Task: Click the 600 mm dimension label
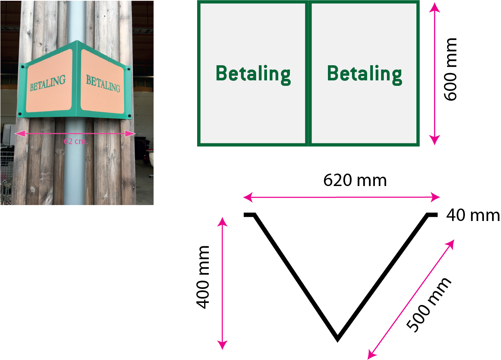pos(451,70)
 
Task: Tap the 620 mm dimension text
pos(355,181)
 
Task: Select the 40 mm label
pos(473,215)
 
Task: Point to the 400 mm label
pos(203,277)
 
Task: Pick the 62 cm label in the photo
pos(76,141)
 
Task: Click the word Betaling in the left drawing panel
pos(253,74)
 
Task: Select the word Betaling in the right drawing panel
pos(364,74)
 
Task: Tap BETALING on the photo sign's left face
pos(48,83)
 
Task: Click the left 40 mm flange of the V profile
pos(249,214)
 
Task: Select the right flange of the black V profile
pos(432,214)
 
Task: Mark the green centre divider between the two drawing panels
pos(309,74)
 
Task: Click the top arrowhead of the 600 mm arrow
pos(435,7)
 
